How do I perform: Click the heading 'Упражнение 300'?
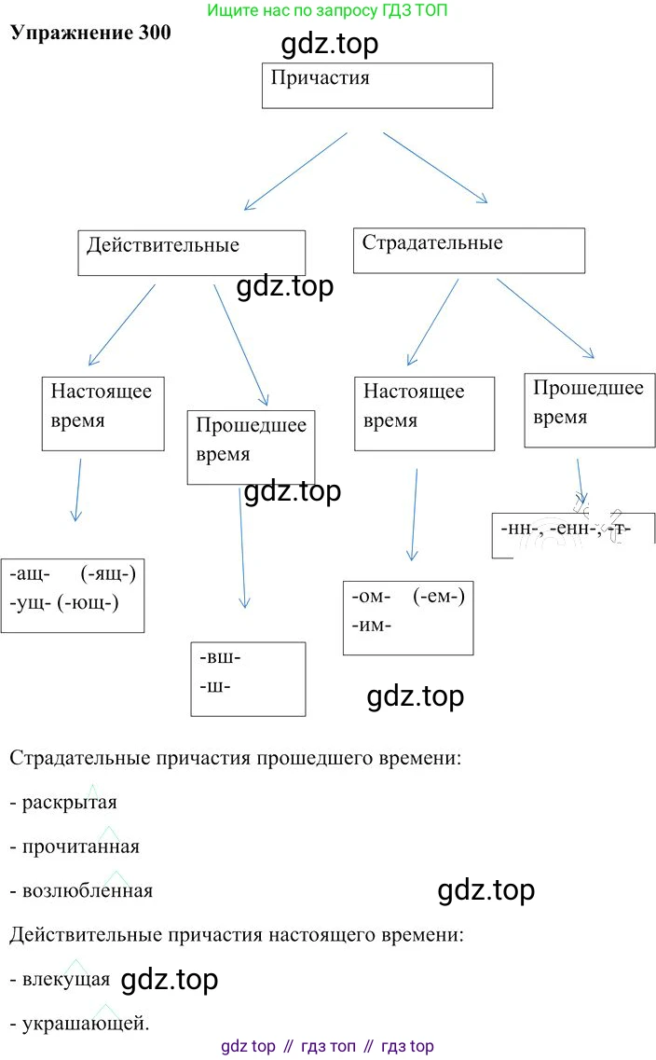[x=90, y=31]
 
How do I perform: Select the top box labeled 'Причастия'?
[x=376, y=86]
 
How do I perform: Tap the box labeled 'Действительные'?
[x=191, y=253]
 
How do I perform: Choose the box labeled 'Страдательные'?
[x=469, y=250]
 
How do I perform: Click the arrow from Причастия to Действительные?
[x=294, y=171]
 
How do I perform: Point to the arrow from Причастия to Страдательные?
[x=435, y=167]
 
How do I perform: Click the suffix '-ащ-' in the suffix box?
[x=32, y=573]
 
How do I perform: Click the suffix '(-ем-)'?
[x=438, y=595]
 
